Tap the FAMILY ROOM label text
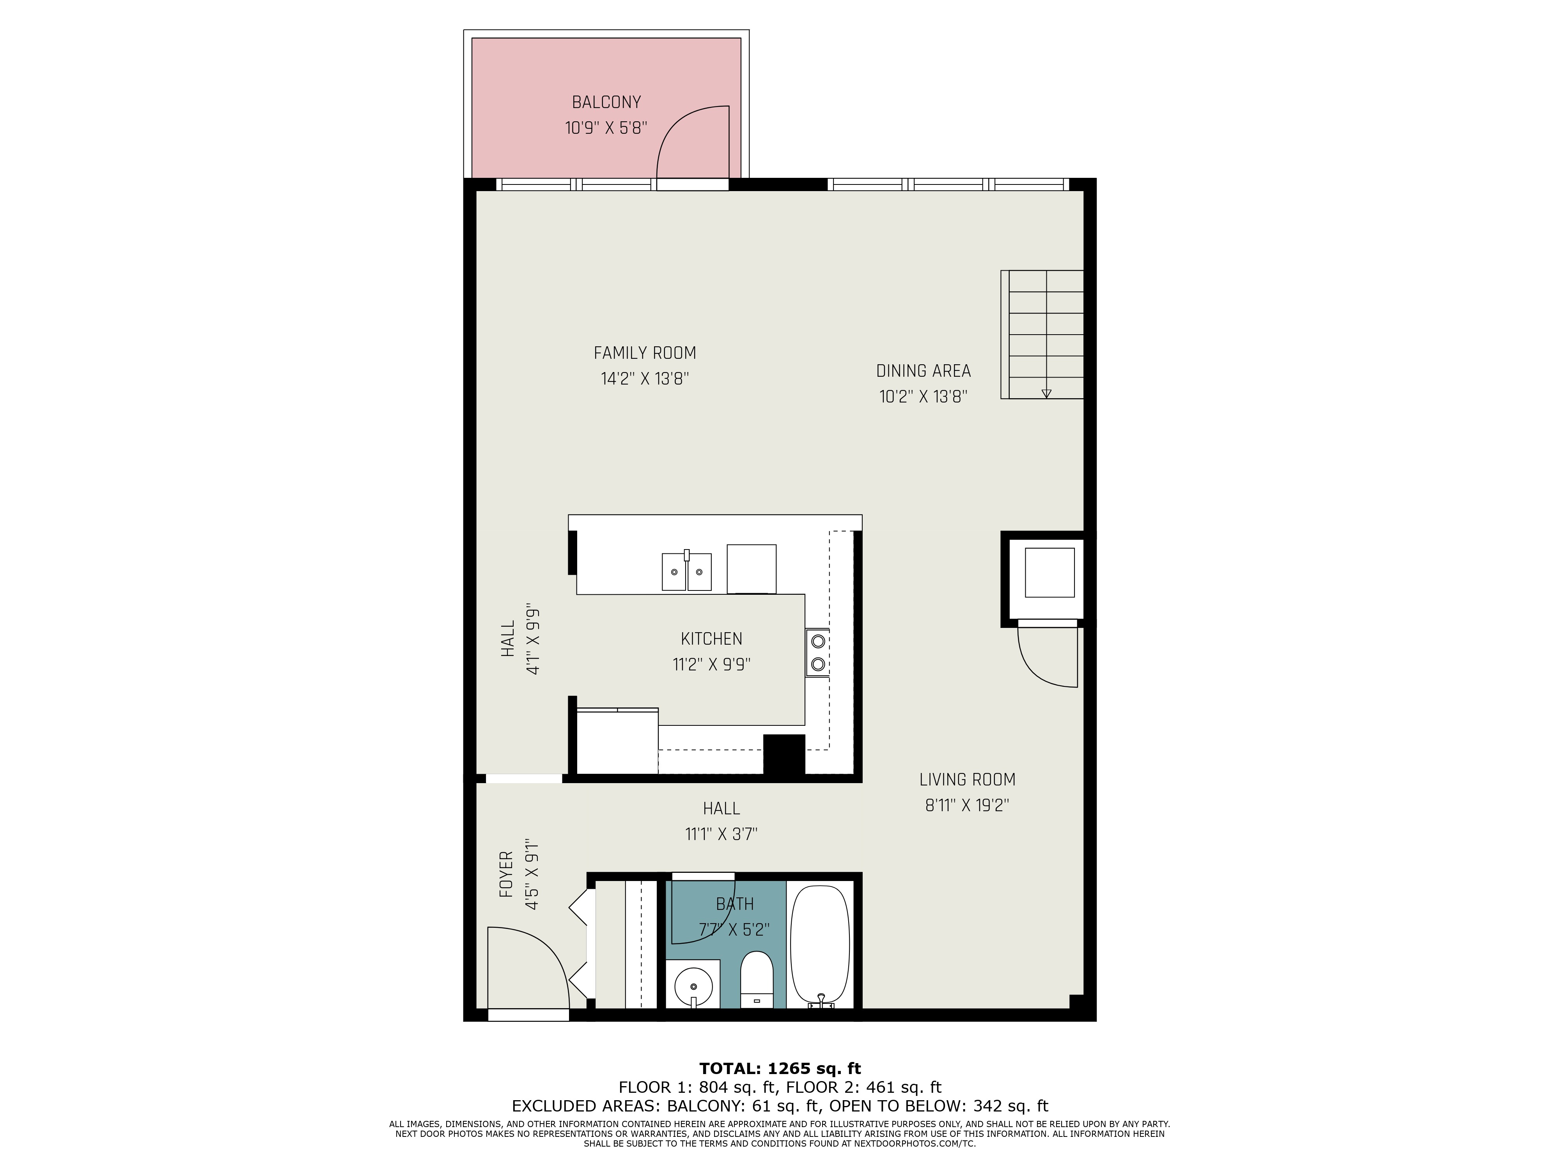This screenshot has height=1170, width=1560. pyautogui.click(x=645, y=353)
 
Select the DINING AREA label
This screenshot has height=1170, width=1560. pyautogui.click(x=923, y=371)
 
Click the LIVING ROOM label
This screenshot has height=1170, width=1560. pyautogui.click(x=967, y=780)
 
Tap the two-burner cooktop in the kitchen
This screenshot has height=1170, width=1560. pyautogui.click(x=817, y=652)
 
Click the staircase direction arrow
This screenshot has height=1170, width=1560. pyautogui.click(x=1046, y=394)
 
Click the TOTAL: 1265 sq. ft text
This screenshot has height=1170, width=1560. pyautogui.click(x=780, y=1069)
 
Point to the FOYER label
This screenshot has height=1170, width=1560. pyautogui.click(x=506, y=874)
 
